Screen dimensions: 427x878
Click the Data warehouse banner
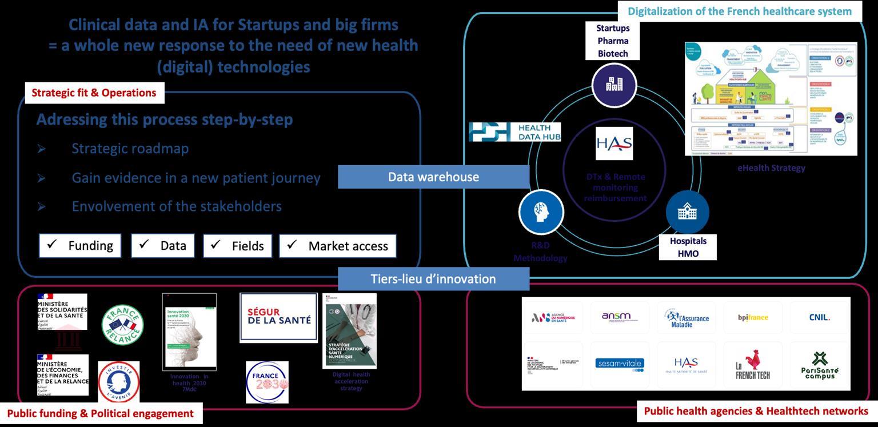(433, 177)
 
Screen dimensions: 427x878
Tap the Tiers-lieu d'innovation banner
(433, 279)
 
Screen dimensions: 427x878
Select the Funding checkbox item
(80, 246)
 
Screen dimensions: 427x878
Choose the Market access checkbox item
(338, 246)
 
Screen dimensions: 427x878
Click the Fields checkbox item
(237, 246)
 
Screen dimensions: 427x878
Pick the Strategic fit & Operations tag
(94, 93)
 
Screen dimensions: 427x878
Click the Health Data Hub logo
(514, 132)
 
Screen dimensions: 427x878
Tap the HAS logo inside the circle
(614, 143)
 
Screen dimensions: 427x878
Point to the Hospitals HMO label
(688, 247)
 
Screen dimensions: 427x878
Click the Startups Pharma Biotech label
(613, 41)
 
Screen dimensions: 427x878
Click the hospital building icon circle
(687, 212)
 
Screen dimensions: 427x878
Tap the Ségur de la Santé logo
(278, 317)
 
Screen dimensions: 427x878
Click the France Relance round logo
(122, 325)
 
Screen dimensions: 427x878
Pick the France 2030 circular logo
(267, 382)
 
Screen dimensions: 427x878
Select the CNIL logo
(819, 318)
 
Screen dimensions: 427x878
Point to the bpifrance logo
(753, 318)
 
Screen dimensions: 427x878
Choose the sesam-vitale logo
(619, 364)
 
